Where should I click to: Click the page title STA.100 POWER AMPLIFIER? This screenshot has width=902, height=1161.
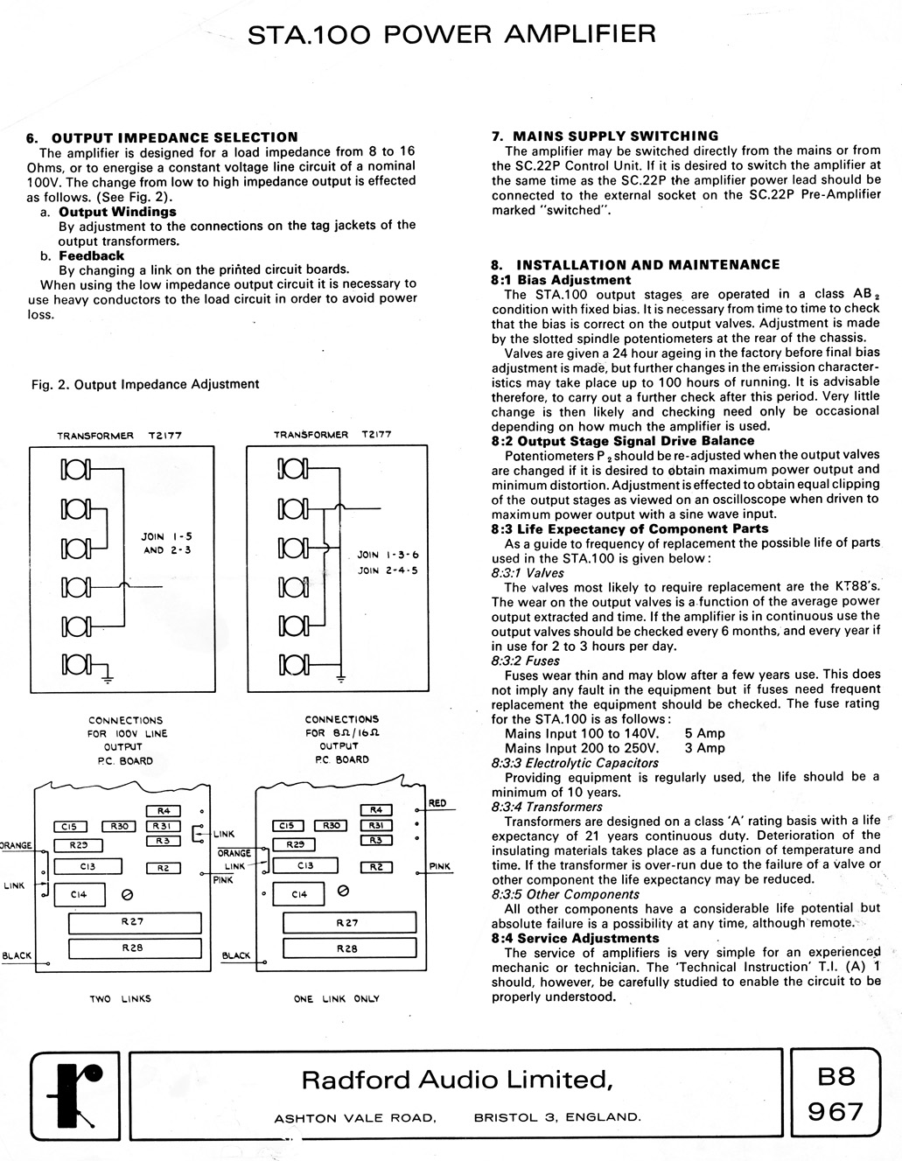coord(451,34)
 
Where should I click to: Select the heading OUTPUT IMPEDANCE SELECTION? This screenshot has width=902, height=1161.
coord(174,137)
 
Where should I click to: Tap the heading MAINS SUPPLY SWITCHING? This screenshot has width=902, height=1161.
coord(615,136)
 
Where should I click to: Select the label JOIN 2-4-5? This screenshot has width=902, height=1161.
coord(388,570)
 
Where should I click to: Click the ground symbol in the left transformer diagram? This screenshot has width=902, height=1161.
coord(108,675)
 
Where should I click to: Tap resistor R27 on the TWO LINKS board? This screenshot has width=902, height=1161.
coord(134,922)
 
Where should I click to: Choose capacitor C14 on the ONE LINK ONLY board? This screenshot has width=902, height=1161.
coord(299,894)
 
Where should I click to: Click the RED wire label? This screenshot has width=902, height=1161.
coord(437,803)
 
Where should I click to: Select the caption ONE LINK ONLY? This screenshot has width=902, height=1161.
coord(337,998)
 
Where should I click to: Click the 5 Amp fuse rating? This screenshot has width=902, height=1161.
coord(704,733)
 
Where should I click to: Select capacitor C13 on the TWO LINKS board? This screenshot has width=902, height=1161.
coord(85,866)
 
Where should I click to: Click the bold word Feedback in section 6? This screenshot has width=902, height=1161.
coord(91,255)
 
